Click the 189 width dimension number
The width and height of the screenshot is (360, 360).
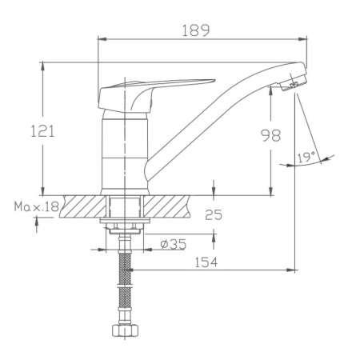(195, 30)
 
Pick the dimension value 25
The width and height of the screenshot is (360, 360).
(213, 214)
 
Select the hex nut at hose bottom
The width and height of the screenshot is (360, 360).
(125, 330)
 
